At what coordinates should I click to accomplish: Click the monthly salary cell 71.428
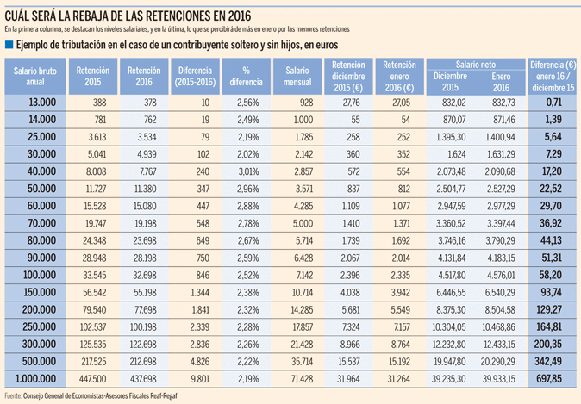click(298, 379)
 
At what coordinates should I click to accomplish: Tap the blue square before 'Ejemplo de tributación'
click(9, 44)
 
